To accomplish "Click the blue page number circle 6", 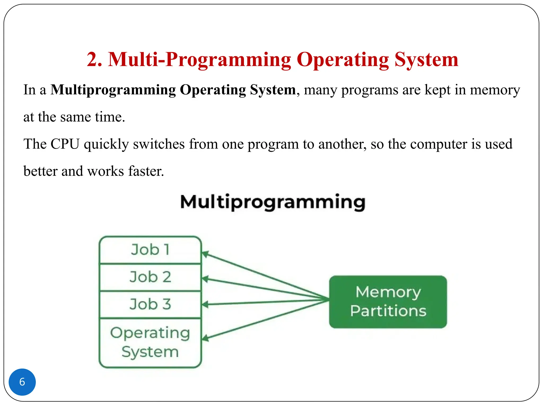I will tap(22, 382).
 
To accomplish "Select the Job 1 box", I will tap(150, 250).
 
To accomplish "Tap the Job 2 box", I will tap(150, 277).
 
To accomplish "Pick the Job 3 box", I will tap(150, 304).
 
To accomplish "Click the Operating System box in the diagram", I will tap(150, 342).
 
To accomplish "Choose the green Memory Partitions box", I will tap(388, 302).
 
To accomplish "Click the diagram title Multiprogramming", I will tap(273, 202).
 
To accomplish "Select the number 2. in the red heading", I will tap(94, 59).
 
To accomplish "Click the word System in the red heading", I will tap(426, 59).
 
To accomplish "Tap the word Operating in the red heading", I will tap(343, 59).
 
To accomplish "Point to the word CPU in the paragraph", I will tap(65, 144).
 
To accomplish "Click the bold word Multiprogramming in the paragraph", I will tap(113, 90).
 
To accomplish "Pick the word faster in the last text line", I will tap(146, 171).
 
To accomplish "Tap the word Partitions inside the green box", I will tap(388, 311).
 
